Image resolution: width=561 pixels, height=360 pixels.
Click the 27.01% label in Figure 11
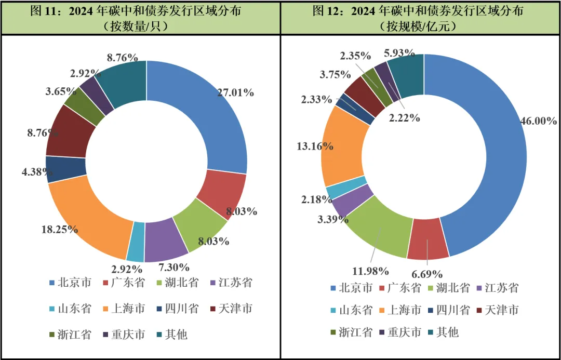pos(234,93)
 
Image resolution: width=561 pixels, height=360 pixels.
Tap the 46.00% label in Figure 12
pos(538,121)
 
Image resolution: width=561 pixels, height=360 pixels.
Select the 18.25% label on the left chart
pos(60,229)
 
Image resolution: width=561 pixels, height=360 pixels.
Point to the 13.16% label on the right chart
pos(315,146)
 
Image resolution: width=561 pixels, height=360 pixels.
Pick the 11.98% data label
pos(370,271)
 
